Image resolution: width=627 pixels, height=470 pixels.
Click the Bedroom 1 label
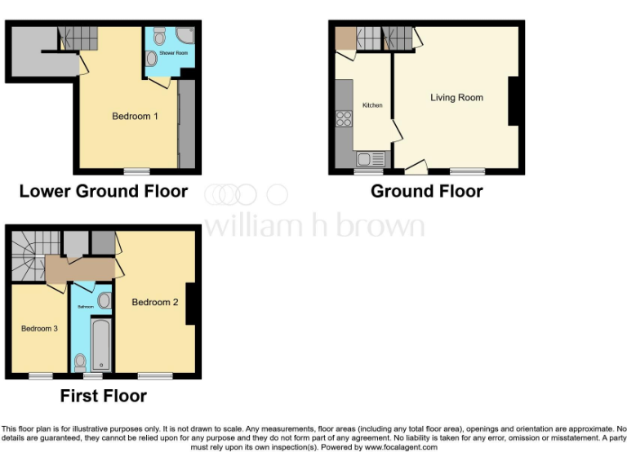135,117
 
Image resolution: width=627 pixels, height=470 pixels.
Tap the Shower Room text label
173,52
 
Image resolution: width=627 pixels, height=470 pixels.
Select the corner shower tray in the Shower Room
185,36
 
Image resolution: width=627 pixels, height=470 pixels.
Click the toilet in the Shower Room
159,35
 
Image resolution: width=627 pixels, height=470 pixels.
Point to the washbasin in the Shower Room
152,59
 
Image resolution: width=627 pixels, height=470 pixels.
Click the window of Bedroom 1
136,171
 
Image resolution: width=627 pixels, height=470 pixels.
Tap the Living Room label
456,98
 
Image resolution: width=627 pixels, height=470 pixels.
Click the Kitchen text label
372,105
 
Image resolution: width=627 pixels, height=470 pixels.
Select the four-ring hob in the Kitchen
344,120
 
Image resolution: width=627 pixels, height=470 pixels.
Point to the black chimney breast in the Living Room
515,101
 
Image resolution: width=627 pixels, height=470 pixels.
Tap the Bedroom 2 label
155,303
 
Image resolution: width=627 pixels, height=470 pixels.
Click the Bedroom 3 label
39,329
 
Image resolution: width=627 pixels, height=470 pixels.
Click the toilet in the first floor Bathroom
80,361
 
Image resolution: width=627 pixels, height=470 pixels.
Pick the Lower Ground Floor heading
104,192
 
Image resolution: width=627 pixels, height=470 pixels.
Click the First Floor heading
104,397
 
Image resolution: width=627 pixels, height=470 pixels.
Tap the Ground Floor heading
426,192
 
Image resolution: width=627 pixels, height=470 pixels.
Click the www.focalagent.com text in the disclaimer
401,447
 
